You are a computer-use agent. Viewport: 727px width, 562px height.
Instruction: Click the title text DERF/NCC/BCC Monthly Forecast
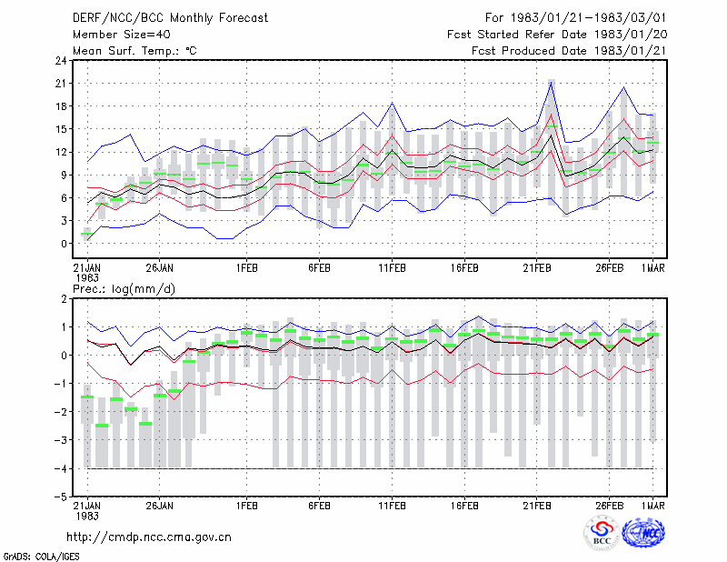tap(170, 18)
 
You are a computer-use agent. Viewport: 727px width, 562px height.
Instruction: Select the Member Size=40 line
tap(122, 35)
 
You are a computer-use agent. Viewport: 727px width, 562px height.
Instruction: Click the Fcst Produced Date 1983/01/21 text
tap(570, 51)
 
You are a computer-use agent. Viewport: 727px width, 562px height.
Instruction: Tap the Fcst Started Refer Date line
tap(557, 35)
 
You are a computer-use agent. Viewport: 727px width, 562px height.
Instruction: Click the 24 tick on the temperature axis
tap(61, 60)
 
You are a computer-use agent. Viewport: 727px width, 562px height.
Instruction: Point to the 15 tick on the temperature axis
tap(61, 129)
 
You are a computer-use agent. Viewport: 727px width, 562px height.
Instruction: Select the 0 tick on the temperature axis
tap(64, 243)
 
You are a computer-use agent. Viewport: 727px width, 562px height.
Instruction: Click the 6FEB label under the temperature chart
tap(320, 268)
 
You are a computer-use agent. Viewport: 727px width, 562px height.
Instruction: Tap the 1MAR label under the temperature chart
tap(653, 268)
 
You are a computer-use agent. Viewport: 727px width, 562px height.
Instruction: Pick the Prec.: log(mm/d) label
tap(124, 289)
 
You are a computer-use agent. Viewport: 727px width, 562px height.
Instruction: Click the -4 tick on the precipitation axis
tap(60, 468)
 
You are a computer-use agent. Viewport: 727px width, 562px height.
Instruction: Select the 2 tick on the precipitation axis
tap(64, 299)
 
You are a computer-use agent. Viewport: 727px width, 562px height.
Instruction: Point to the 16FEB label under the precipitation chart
tap(464, 506)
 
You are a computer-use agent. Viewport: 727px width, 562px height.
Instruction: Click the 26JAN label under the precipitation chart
tap(160, 506)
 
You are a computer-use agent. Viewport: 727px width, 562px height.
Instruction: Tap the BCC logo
tap(602, 533)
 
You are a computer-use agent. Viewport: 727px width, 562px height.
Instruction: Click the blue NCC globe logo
tap(643, 533)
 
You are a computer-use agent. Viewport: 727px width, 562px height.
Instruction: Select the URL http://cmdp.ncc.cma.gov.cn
tap(149, 537)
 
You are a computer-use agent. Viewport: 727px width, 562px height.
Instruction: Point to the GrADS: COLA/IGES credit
tap(41, 557)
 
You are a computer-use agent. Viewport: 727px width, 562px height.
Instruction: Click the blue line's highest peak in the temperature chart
tap(552, 82)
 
